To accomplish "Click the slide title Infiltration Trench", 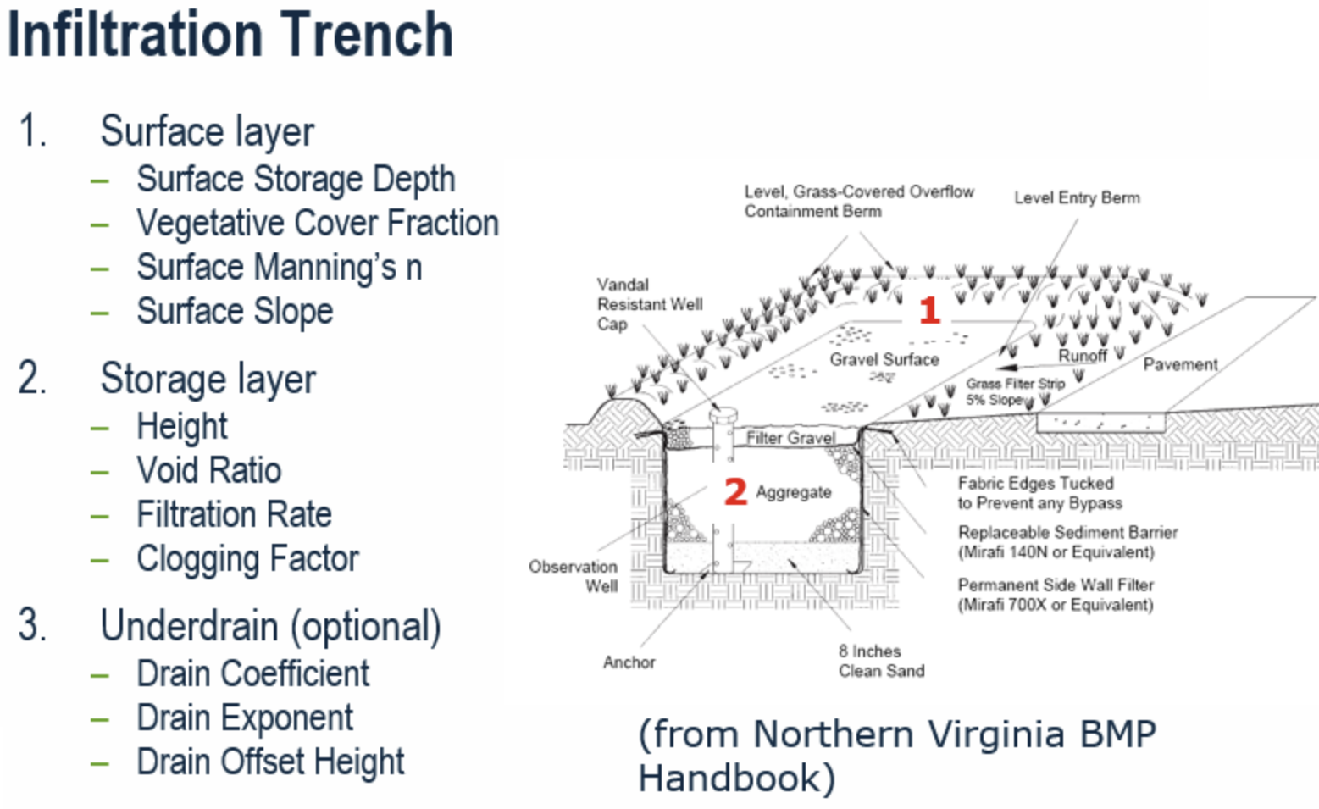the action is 230,36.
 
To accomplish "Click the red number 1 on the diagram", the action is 930,310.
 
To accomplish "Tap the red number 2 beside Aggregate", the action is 735,491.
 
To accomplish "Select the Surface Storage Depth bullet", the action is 296,179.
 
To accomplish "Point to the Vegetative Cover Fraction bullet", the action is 318,223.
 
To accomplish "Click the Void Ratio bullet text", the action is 209,470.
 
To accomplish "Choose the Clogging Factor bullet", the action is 248,558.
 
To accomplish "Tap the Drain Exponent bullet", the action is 245,718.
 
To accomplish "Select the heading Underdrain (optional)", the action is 271,626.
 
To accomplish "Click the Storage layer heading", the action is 208,379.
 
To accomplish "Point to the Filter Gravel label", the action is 791,437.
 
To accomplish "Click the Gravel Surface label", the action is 884,359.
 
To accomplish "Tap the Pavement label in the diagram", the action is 1181,364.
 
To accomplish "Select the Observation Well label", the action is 573,576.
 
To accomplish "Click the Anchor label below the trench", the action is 629,662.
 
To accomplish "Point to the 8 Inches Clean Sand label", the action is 882,661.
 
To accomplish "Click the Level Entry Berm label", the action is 1077,198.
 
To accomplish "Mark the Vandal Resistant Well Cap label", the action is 650,304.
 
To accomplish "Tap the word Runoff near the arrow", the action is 1083,356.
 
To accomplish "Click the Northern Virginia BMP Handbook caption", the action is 897,756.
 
